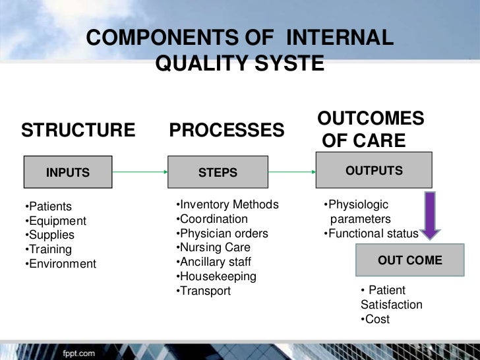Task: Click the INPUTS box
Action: pos(68,173)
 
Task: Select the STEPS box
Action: pos(218,173)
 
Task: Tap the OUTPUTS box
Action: pos(374,171)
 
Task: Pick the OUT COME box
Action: pos(409,260)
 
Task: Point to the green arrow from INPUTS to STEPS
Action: pos(139,173)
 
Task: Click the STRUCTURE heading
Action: pos(78,130)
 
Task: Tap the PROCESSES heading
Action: pos(227,130)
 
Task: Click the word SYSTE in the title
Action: pos(290,64)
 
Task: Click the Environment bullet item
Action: pos(60,264)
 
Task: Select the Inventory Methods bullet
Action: pos(227,204)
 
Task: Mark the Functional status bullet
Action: pos(371,233)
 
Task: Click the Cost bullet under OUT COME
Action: pos(375,319)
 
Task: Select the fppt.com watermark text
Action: pos(78,353)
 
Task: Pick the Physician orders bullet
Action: pos(222,233)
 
